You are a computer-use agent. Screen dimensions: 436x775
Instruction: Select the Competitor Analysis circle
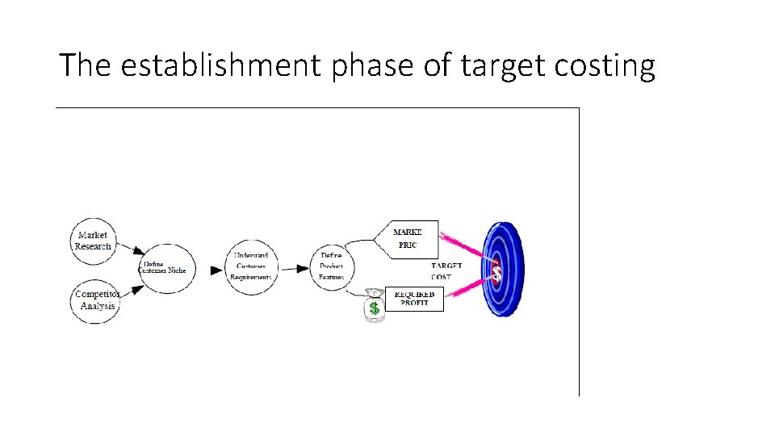tap(96, 300)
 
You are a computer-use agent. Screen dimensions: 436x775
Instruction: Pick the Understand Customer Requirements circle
tap(251, 266)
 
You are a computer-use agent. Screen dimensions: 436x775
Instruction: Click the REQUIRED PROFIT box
tap(414, 299)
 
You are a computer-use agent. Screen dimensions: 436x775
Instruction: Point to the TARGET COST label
tap(446, 271)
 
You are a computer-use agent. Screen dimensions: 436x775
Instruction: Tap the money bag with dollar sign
tap(373, 306)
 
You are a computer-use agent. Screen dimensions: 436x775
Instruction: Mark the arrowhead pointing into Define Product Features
tap(306, 270)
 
